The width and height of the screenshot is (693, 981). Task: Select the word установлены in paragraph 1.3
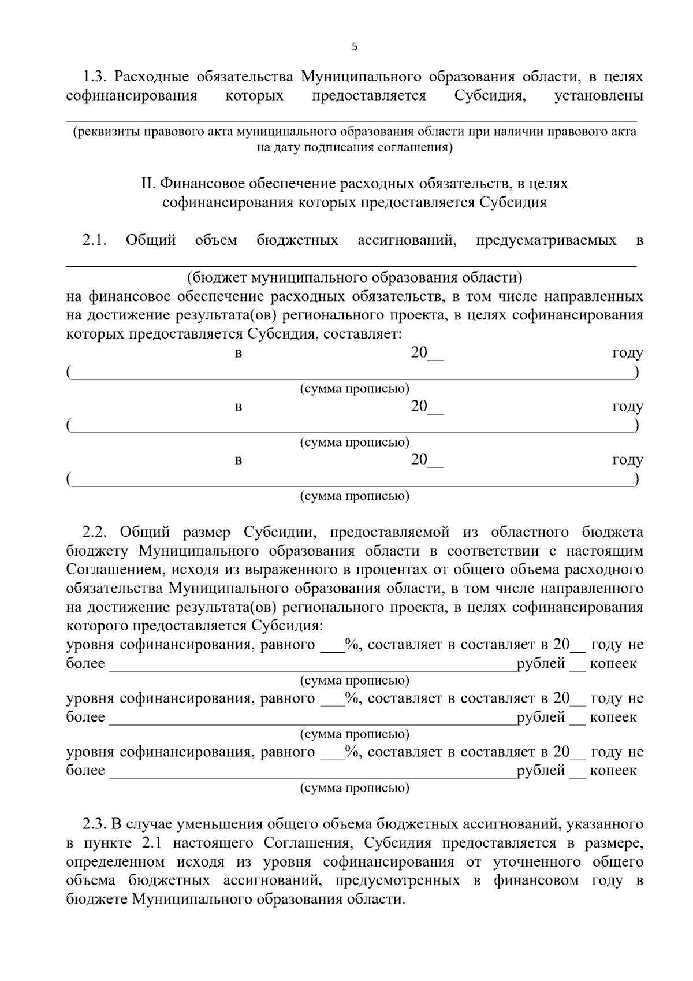[x=598, y=96]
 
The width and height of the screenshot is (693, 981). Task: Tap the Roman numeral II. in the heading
[x=148, y=184]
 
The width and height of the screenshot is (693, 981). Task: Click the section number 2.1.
[x=94, y=240]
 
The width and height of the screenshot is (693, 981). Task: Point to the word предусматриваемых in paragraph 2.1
[x=546, y=240]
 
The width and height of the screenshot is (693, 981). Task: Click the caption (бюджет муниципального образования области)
[x=354, y=278]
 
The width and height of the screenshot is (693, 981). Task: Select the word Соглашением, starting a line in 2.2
[x=108, y=570]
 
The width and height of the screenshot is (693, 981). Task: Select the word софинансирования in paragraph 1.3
[x=131, y=96]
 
